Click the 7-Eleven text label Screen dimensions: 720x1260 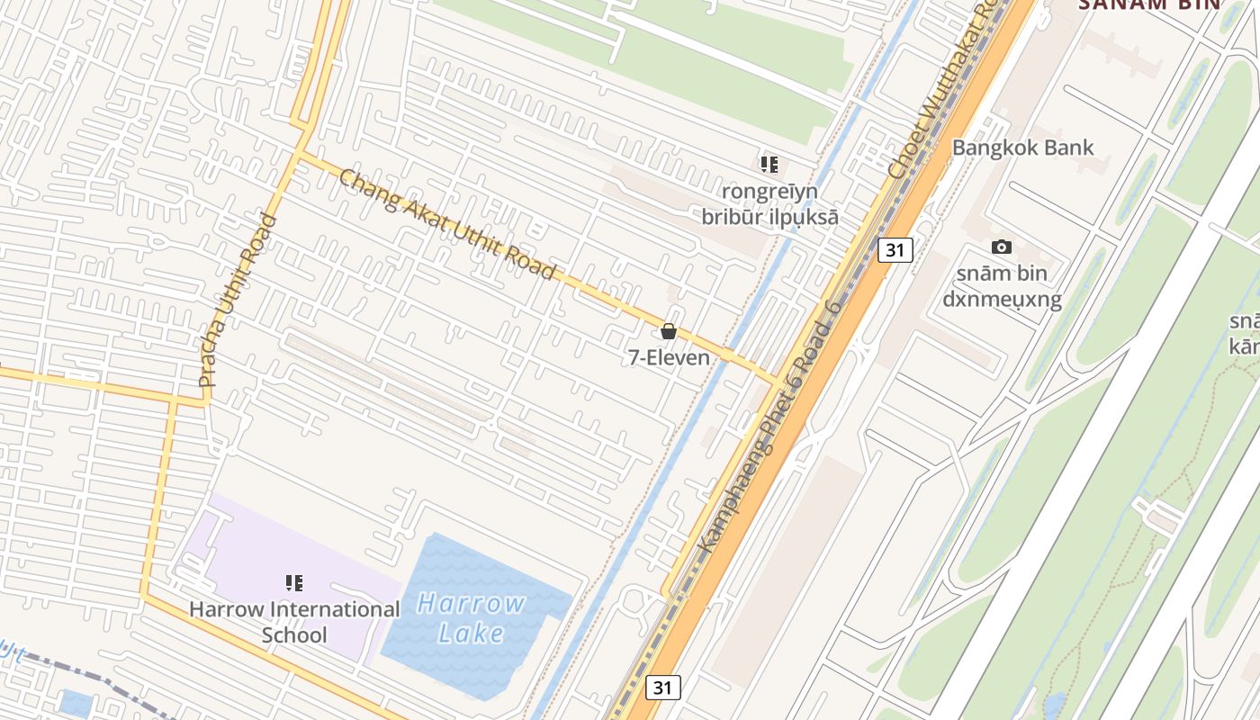pyautogui.click(x=669, y=357)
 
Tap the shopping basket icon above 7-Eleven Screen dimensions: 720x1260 pyautogui.click(x=669, y=331)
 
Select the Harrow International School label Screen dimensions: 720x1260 pyautogui.click(x=294, y=622)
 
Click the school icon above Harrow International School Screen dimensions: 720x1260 pyautogui.click(x=293, y=583)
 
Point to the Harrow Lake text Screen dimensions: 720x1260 pyautogui.click(x=472, y=617)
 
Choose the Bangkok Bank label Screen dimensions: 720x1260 pyautogui.click(x=1023, y=148)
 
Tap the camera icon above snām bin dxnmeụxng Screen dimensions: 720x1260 pyautogui.click(x=1001, y=247)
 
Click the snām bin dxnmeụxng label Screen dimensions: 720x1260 pyautogui.click(x=1002, y=286)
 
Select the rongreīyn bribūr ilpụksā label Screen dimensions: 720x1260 pyautogui.click(x=769, y=204)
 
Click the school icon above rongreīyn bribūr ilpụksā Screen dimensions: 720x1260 pyautogui.click(x=769, y=164)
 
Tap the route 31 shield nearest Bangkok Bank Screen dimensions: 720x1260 pyautogui.click(x=894, y=250)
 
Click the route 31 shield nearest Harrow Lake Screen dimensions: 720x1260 pyautogui.click(x=662, y=688)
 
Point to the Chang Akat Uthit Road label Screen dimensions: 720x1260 pyautogui.click(x=446, y=225)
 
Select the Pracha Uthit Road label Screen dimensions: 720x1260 pyautogui.click(x=236, y=301)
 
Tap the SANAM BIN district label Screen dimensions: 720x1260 pyautogui.click(x=1149, y=4)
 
